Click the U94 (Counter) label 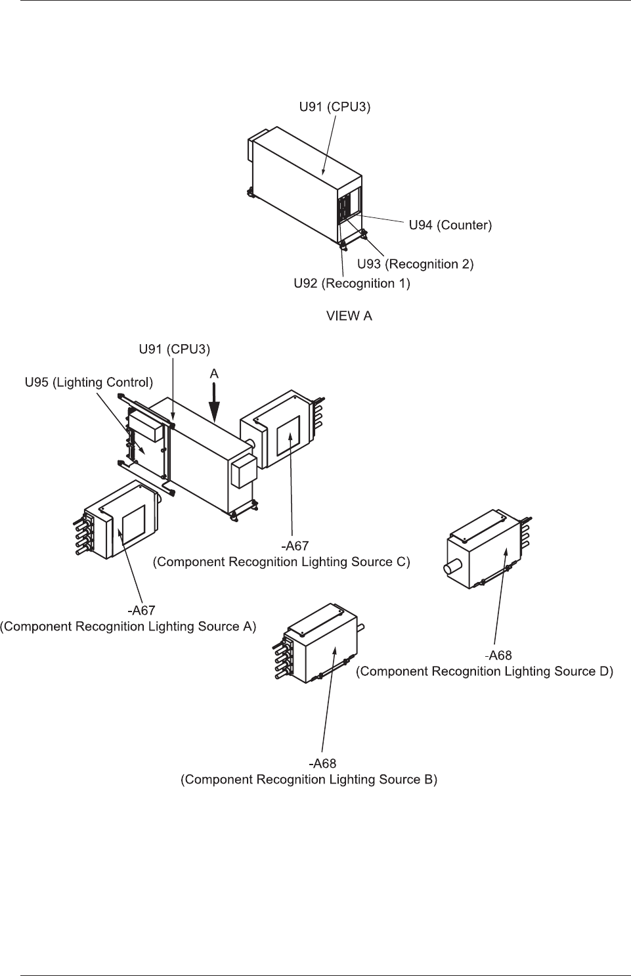[x=450, y=225]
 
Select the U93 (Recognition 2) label [x=415, y=264]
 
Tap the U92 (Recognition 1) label [x=351, y=284]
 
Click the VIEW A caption [x=349, y=316]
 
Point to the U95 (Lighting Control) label [x=89, y=382]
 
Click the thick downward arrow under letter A [x=215, y=403]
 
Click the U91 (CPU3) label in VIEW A [x=335, y=107]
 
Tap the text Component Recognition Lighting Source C [x=281, y=562]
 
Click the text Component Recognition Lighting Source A [x=128, y=627]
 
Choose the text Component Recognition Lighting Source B [x=309, y=780]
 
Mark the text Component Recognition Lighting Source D [x=485, y=671]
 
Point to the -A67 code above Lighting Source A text [x=141, y=610]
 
